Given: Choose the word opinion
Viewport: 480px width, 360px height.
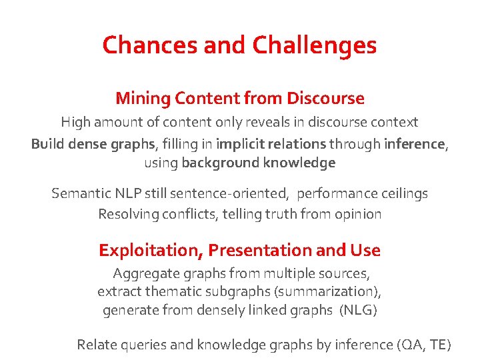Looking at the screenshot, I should (358, 214).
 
